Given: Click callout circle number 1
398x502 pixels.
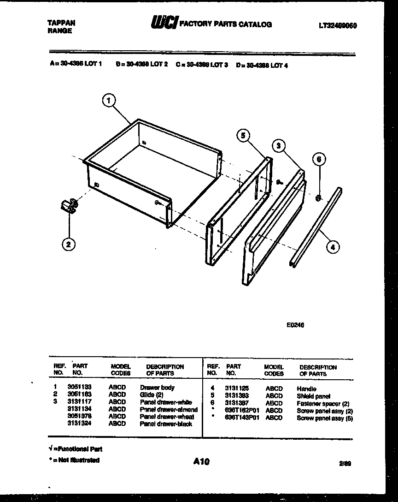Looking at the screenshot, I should pyautogui.click(x=109, y=100).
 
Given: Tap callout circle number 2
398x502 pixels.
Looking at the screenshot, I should pyautogui.click(x=68, y=245).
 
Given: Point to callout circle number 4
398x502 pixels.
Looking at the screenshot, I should pyautogui.click(x=333, y=247).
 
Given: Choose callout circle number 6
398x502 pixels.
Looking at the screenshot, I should pyautogui.click(x=318, y=160).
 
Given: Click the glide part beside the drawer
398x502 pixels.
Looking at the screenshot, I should pyautogui.click(x=70, y=206).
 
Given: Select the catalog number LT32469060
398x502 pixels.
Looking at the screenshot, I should pyautogui.click(x=338, y=26).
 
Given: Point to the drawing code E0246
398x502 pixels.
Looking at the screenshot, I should pyautogui.click(x=295, y=325).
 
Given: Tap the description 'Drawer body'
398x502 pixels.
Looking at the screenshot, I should pyautogui.click(x=157, y=388).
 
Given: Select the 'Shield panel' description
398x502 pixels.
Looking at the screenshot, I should pyautogui.click(x=313, y=396).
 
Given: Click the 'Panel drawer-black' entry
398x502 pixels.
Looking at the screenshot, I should pyautogui.click(x=166, y=424).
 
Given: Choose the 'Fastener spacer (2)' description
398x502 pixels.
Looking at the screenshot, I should pyautogui.click(x=322, y=404).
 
